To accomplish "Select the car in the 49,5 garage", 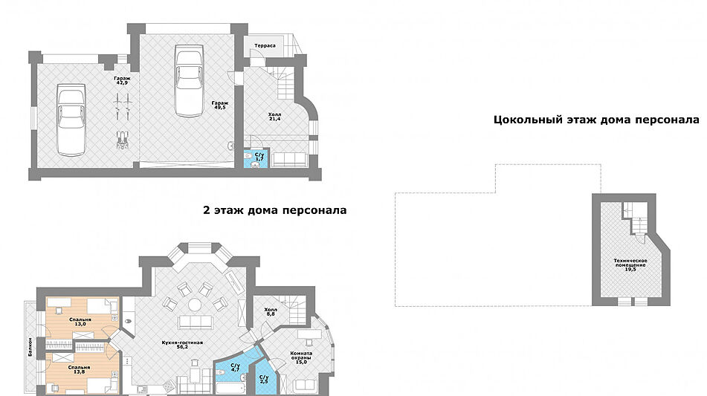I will (x=189, y=80).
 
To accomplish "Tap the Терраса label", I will (x=265, y=46).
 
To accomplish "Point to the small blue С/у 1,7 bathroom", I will (x=258, y=158).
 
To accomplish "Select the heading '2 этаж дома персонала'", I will (x=274, y=210).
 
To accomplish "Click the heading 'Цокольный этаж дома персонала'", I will (x=596, y=120).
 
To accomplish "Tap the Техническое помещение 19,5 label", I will (x=630, y=264).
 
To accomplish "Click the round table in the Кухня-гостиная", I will (x=195, y=303).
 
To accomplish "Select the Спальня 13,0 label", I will (x=80, y=322).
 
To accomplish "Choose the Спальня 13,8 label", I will (x=79, y=369).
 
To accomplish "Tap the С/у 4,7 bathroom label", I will (x=235, y=367).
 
